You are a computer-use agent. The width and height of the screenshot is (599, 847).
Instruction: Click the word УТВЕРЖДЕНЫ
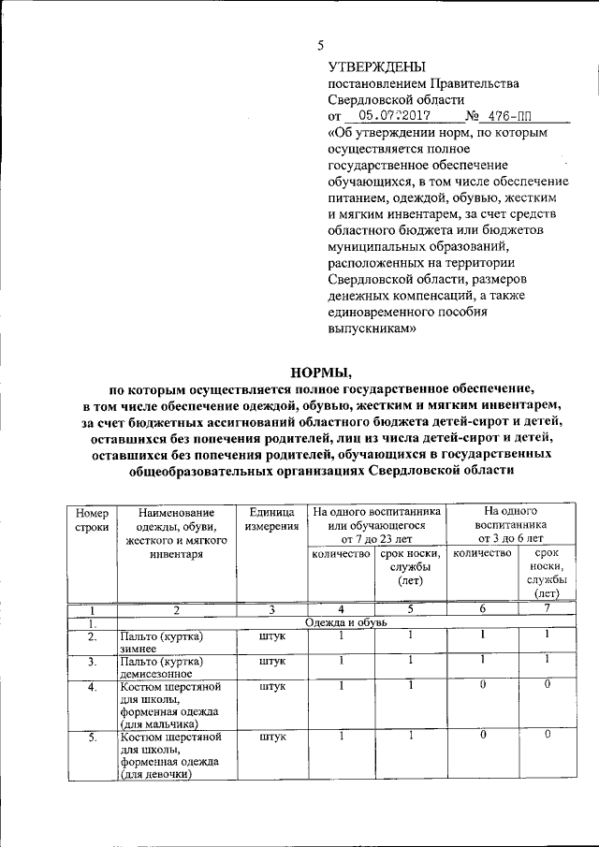(375, 66)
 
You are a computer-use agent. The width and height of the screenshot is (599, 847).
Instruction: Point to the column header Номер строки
(92, 520)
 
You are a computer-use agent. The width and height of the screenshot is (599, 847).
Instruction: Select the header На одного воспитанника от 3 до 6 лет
(509, 525)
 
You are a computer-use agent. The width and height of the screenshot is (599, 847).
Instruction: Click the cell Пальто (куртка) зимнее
(161, 644)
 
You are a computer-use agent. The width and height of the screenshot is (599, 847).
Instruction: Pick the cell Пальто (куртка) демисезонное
(161, 667)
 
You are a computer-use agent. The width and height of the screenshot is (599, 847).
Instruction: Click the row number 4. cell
(92, 689)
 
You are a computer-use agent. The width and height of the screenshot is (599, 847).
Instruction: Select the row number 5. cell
(92, 737)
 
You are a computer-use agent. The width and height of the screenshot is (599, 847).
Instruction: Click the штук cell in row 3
(272, 662)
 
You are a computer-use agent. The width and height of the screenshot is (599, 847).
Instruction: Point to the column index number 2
(176, 610)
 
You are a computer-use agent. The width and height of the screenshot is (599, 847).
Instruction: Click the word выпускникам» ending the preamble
(370, 329)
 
